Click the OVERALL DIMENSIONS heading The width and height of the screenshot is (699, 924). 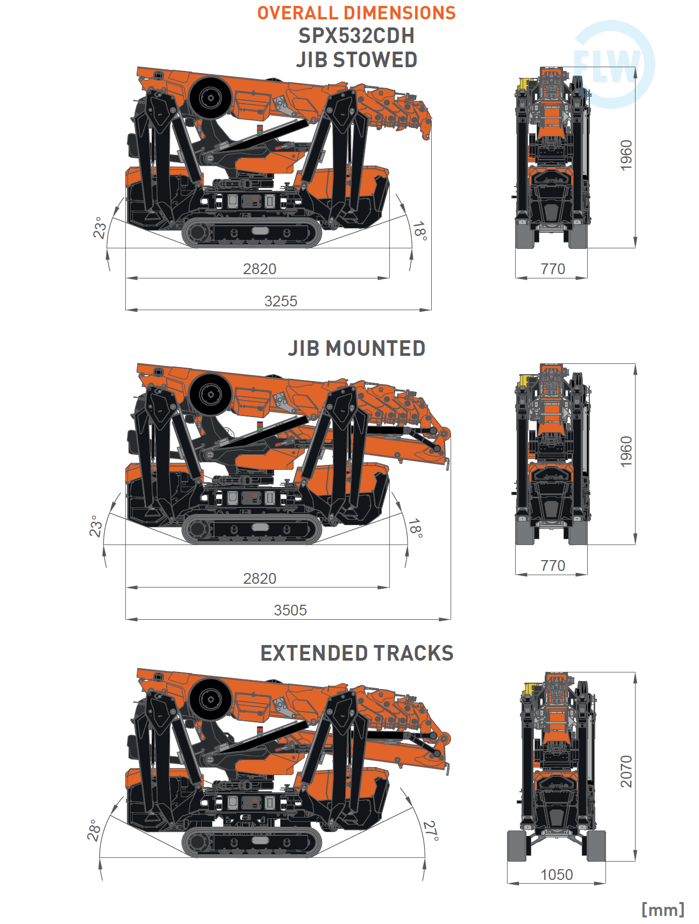click(x=356, y=13)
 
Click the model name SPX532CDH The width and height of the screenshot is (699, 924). click(x=356, y=36)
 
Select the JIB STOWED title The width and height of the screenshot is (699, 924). click(x=356, y=60)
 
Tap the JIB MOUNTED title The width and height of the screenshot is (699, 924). click(x=356, y=348)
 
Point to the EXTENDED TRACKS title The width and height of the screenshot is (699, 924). click(x=356, y=653)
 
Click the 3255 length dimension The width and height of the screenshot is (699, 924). click(x=281, y=301)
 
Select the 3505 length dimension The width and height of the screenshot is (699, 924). click(x=290, y=610)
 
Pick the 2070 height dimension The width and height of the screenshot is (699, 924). click(x=626, y=771)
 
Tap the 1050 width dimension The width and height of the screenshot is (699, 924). click(x=557, y=875)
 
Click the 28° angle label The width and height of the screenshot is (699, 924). click(x=95, y=830)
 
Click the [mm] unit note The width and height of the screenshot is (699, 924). click(x=662, y=909)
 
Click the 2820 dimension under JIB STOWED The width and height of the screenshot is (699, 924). click(x=260, y=269)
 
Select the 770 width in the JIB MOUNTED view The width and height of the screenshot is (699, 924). click(x=553, y=565)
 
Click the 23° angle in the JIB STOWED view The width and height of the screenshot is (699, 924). click(x=100, y=228)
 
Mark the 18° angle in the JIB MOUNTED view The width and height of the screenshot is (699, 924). click(x=415, y=528)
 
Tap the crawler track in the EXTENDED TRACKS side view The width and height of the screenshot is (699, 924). click(x=252, y=841)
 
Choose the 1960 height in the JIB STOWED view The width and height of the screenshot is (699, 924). click(x=626, y=155)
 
